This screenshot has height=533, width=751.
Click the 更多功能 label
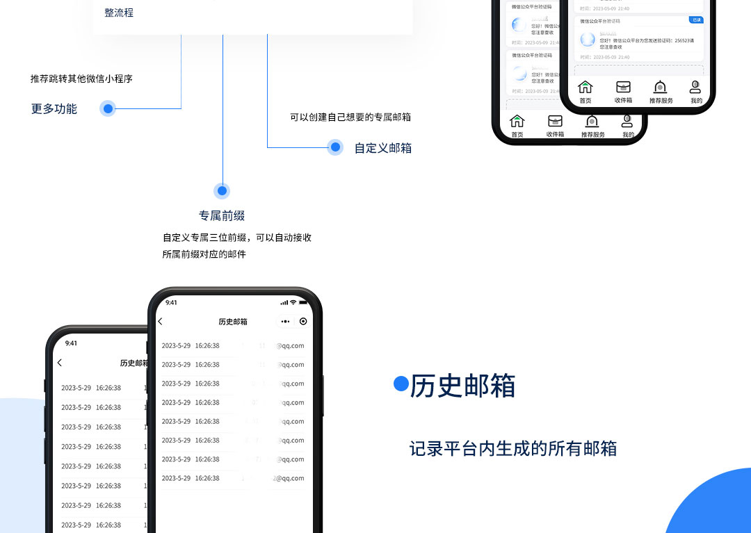click(x=54, y=108)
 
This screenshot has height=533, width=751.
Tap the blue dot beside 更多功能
click(x=108, y=108)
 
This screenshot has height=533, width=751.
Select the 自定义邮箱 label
click(x=383, y=147)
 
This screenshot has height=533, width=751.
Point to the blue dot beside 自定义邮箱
click(x=336, y=147)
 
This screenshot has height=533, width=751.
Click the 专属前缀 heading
click(x=222, y=215)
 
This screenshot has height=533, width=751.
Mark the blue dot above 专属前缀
click(x=223, y=190)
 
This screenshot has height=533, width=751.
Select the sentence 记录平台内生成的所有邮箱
click(x=513, y=448)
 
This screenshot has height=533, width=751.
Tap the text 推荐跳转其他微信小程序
click(x=81, y=79)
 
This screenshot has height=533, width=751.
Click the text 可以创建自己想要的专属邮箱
click(x=350, y=117)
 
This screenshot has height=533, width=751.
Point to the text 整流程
click(x=119, y=13)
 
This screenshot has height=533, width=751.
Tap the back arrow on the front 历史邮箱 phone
click(x=161, y=321)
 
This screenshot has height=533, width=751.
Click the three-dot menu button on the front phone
click(x=285, y=321)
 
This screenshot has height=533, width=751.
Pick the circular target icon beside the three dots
click(x=303, y=321)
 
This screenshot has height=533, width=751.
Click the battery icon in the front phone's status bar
click(x=303, y=302)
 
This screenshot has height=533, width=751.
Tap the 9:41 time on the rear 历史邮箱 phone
click(x=71, y=343)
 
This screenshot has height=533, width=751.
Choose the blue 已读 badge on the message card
click(x=696, y=20)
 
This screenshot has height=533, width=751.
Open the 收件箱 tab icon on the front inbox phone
click(x=623, y=88)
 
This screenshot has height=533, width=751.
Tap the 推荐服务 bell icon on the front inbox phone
click(x=661, y=88)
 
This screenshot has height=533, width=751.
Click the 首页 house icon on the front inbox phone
click(x=586, y=88)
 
